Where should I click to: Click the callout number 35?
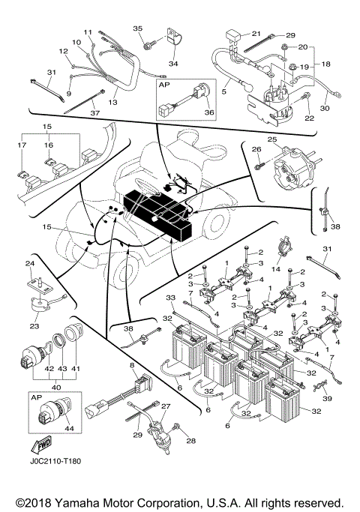coord(137,28)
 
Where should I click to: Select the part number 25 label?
coord(272,139)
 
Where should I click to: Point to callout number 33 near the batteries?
coord(169,297)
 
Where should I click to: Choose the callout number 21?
coord(256,34)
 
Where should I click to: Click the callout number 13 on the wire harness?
coord(114,101)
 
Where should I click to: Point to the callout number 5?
coord(224,92)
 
